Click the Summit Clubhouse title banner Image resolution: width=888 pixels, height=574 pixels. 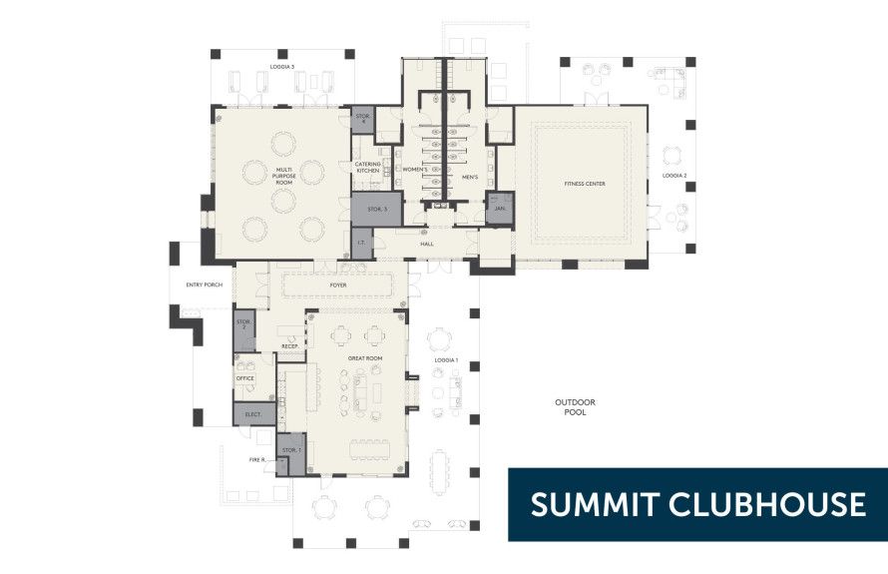697,504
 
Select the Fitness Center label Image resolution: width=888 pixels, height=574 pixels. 585,184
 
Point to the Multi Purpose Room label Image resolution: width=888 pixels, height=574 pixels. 284,177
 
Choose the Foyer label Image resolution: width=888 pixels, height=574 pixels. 338,286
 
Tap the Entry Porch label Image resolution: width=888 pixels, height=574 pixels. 204,286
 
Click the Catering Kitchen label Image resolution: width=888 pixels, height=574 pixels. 367,168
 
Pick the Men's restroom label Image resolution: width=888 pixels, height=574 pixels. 470,178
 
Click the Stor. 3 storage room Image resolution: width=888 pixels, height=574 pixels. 375,209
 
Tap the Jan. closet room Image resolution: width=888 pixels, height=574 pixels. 500,208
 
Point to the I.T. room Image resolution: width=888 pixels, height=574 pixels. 359,242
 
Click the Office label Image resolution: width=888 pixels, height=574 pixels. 245,379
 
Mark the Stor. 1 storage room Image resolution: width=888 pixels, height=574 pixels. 290,451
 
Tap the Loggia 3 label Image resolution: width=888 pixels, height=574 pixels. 282,67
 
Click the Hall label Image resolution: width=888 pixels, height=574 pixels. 427,244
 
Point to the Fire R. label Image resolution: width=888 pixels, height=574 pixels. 257,460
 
